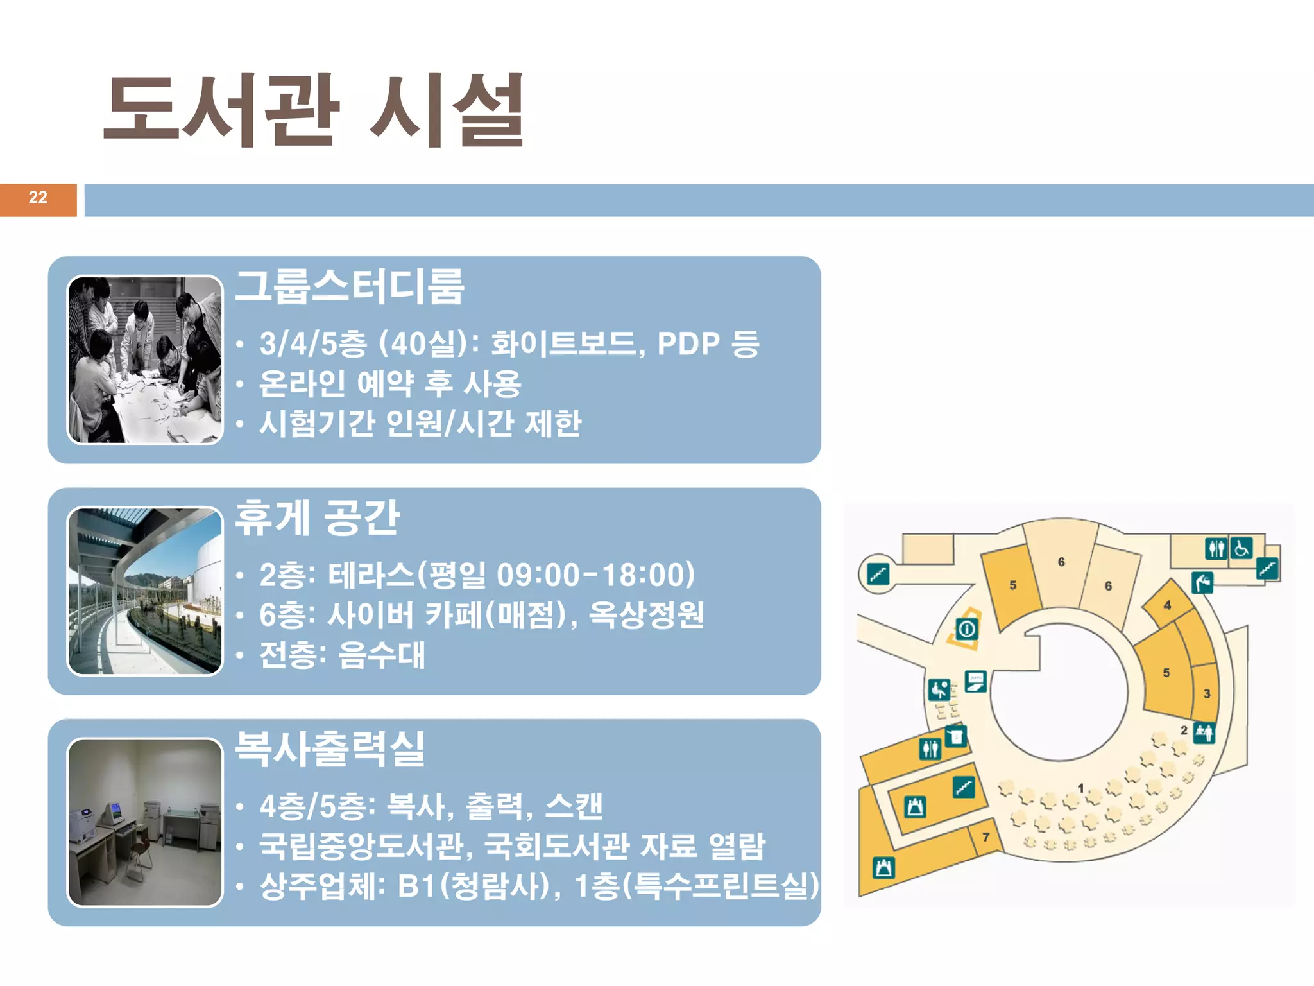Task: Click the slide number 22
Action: click(38, 198)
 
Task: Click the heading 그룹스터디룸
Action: click(350, 286)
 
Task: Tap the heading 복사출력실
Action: click(330, 748)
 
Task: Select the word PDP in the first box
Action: click(688, 344)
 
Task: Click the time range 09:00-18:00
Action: click(595, 575)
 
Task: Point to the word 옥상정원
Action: click(646, 615)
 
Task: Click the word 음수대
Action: click(381, 655)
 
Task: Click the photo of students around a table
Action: click(145, 359)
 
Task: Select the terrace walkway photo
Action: click(145, 591)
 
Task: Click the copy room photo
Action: click(145, 822)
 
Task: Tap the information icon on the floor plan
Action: click(967, 629)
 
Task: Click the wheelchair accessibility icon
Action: click(1241, 548)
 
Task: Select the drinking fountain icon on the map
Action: click(1202, 583)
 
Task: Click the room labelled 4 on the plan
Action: click(1167, 605)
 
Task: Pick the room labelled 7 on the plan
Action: click(985, 837)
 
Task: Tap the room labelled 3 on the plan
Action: click(1207, 693)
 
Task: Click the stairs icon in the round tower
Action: click(878, 573)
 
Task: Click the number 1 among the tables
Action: click(1080, 788)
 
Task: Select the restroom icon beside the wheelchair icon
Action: click(1216, 548)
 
